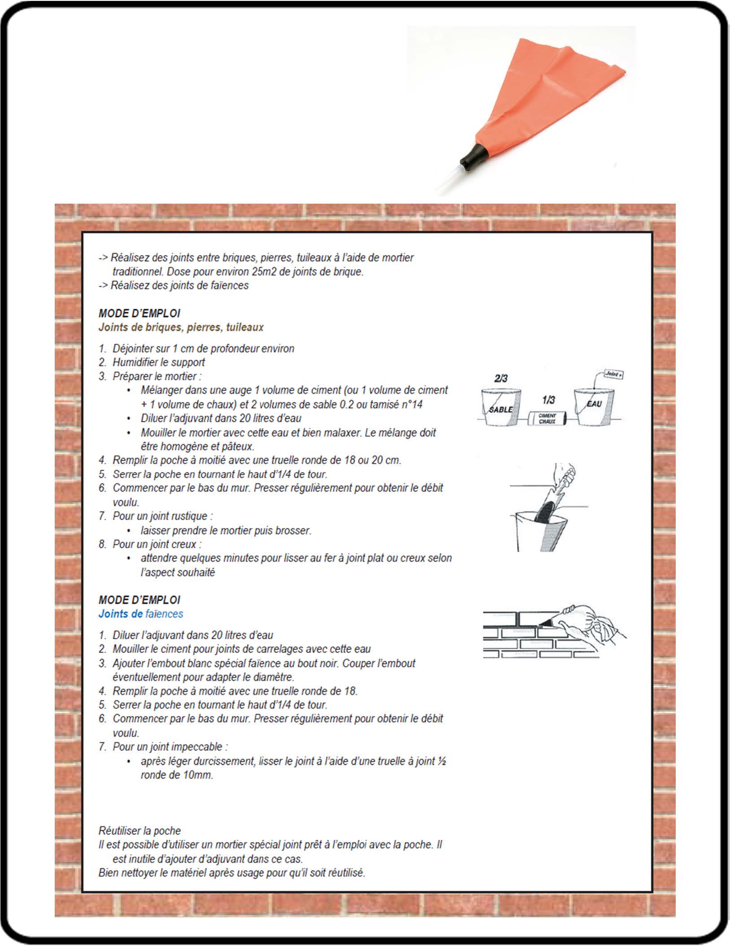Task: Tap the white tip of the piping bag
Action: coord(448,182)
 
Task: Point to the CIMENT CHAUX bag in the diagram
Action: coord(547,419)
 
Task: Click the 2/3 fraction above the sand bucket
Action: coord(501,378)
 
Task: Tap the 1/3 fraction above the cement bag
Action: coord(548,400)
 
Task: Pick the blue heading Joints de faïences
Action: coord(140,614)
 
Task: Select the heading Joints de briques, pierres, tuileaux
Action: coord(181,327)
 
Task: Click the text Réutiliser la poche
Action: coord(140,830)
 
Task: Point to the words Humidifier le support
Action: coord(158,362)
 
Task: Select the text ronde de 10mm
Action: coord(176,775)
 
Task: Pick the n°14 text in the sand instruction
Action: coord(411,404)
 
